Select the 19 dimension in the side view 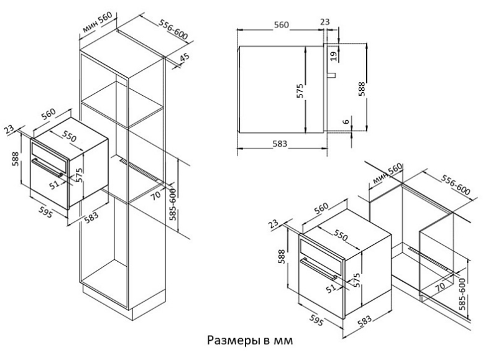coord(334,56)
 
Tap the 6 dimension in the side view coord(346,121)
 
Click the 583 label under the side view coord(280,144)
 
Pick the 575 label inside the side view coord(300,92)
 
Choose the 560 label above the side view coord(282,25)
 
